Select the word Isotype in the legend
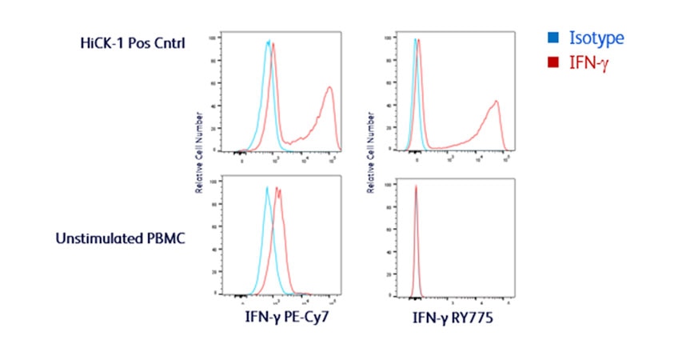click(x=596, y=38)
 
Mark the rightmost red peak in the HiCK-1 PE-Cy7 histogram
click(x=329, y=87)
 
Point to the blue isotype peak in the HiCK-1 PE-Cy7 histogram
click(x=269, y=42)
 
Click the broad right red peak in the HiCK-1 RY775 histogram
click(x=497, y=102)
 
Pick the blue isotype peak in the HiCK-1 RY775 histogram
click(x=414, y=40)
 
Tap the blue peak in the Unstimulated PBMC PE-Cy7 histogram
click(x=267, y=189)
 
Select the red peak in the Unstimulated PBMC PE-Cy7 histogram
click(x=279, y=190)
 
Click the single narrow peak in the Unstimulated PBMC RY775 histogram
click(x=416, y=187)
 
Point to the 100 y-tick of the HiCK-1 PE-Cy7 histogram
click(x=212, y=38)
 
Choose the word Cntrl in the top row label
click(x=169, y=42)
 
